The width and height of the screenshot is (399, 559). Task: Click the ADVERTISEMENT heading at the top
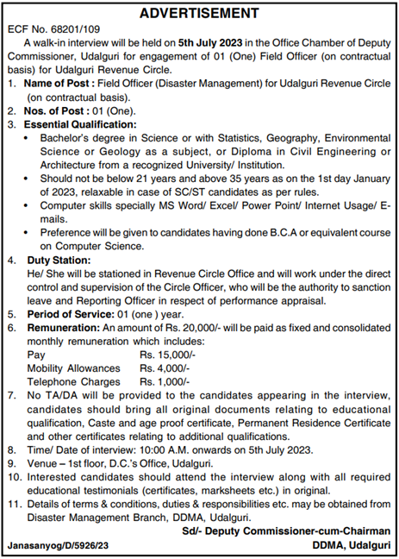[199, 13]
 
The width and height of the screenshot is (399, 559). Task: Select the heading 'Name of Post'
[58, 85]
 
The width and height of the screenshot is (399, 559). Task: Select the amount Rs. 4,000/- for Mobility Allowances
[165, 368]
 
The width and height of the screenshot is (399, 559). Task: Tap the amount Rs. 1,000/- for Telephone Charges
[165, 382]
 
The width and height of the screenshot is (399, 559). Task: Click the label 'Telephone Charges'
[73, 382]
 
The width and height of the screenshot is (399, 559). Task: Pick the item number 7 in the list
[10, 395]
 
